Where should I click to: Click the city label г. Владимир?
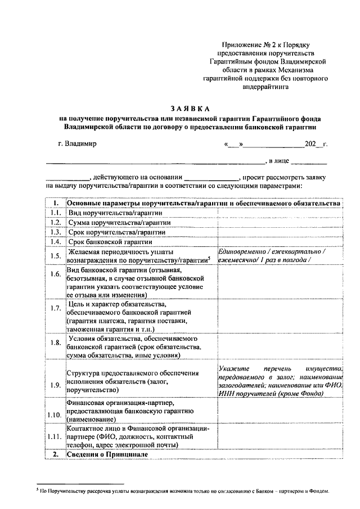(x=77, y=143)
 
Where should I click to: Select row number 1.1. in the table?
(x=55, y=213)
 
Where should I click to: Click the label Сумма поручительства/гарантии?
(x=111, y=223)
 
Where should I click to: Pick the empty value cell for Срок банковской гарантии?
(x=279, y=242)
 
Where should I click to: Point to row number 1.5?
(x=55, y=256)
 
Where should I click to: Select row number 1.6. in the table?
(x=55, y=274)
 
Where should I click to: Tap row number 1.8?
(x=55, y=343)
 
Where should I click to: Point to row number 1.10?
(x=55, y=415)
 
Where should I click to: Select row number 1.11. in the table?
(x=55, y=436)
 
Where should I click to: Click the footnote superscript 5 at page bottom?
(x=37, y=490)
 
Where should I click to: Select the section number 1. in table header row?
(x=55, y=203)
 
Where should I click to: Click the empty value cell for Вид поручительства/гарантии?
(x=279, y=213)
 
